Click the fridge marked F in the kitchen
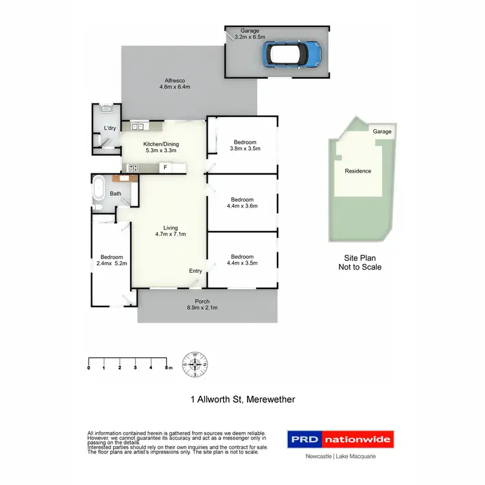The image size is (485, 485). coord(166,168)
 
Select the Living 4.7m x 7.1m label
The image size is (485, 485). coord(170,231)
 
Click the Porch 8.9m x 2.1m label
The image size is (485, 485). coord(206,305)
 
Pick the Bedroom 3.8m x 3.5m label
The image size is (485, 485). coord(244,145)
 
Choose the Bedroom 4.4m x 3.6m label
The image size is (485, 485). coord(242,203)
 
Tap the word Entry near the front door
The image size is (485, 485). coord(195,271)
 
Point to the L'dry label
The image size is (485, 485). coord(110,129)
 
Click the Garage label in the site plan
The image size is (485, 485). coord(382,131)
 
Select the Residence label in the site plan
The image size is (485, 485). coord(358,171)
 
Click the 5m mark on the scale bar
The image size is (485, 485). coord(167,367)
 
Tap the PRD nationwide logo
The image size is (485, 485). coord(340,440)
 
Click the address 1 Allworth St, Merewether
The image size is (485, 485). coord(242,400)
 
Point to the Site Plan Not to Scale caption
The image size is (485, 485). coord(360,262)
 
